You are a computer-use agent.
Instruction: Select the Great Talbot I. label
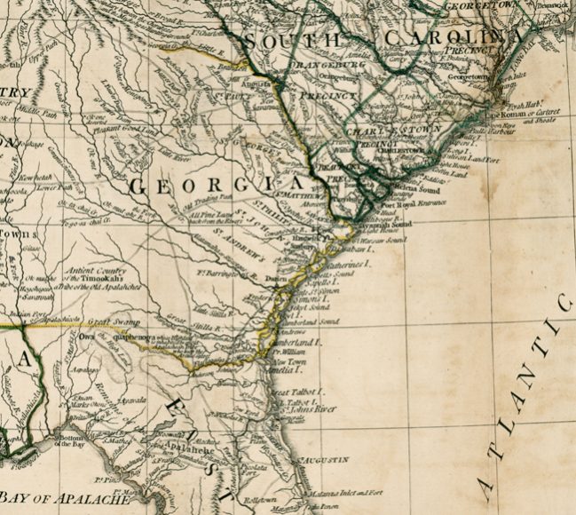click(x=296, y=391)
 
